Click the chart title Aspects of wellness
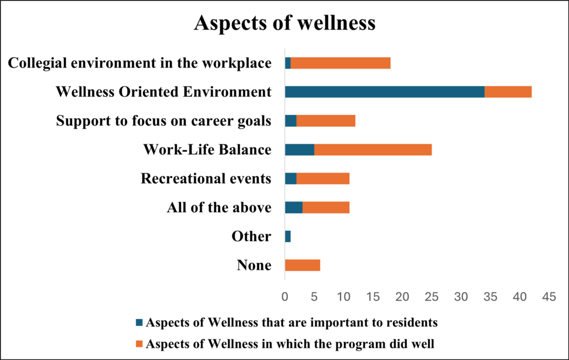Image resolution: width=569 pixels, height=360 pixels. (284, 23)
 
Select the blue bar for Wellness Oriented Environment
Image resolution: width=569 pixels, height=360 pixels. (384, 92)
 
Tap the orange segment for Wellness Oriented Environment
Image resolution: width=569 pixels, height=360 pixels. (508, 92)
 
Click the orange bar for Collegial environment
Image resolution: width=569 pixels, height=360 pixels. (340, 63)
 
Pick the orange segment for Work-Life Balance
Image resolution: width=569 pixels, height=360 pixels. (373, 150)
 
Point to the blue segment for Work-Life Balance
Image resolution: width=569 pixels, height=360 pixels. (300, 150)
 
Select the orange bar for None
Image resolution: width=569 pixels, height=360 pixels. (302, 265)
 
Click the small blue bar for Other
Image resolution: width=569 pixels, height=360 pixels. (287, 237)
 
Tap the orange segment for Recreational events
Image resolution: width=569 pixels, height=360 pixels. (323, 179)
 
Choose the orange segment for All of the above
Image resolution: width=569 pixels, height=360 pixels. (326, 208)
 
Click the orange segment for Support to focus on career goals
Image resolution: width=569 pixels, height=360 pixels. (325, 121)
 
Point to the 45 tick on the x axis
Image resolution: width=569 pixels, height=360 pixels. (549, 297)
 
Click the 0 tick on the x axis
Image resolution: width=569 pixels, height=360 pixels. (285, 297)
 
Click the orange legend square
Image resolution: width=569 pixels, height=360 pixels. (139, 344)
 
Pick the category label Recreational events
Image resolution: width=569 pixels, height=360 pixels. (206, 179)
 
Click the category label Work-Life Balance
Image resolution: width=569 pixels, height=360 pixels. (207, 150)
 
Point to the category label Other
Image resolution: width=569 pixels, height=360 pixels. (251, 237)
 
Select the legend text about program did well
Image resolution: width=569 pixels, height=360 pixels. (290, 344)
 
